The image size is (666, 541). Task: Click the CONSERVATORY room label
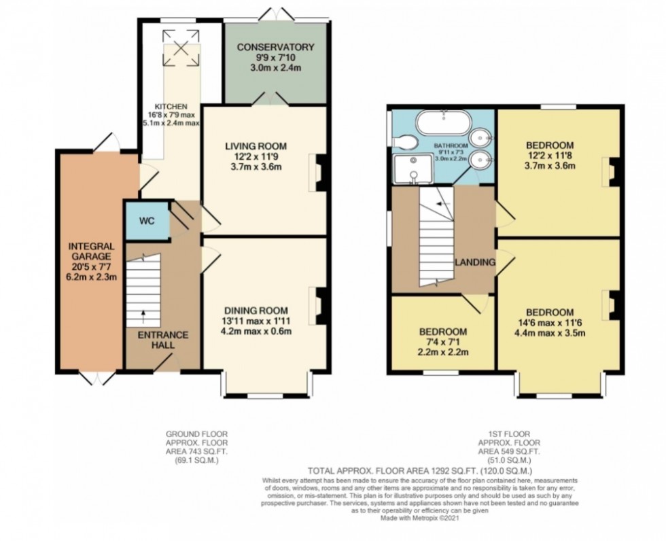tap(275, 47)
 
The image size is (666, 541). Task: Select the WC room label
tap(147, 222)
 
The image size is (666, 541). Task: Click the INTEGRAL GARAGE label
tap(88, 251)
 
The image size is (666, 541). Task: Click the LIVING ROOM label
tap(256, 145)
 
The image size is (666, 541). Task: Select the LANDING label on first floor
tap(474, 262)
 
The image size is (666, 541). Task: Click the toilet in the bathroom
tap(406, 141)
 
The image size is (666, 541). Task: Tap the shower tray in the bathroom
tap(413, 169)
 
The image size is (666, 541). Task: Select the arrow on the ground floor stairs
tap(144, 313)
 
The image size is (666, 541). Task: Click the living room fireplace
tap(320, 171)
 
